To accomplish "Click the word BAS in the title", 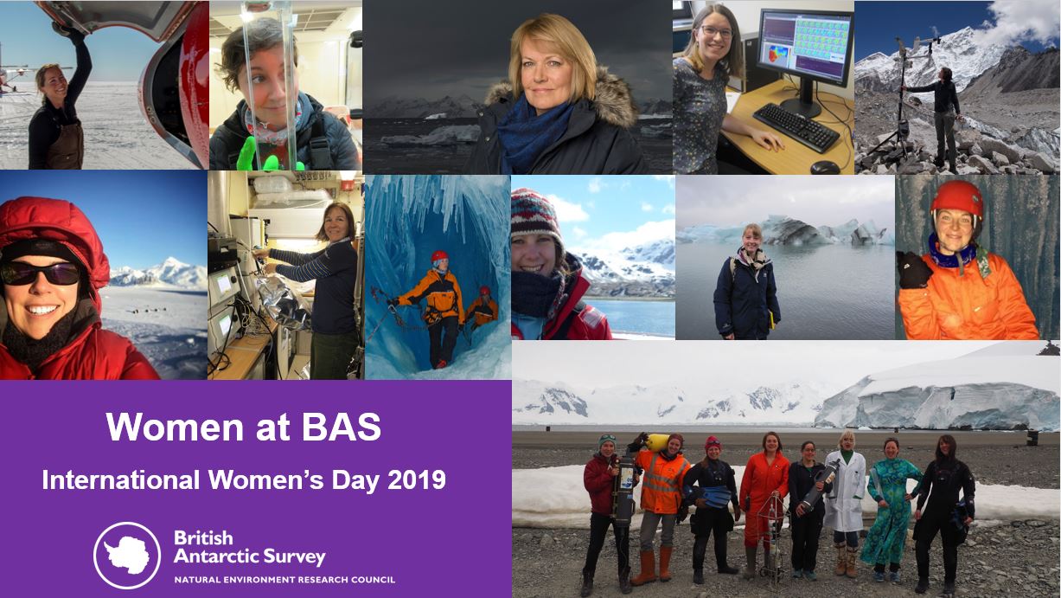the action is tap(341, 428).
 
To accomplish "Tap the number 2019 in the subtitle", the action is tap(416, 480).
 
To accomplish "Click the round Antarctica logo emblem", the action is tap(127, 556).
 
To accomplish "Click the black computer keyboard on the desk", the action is tap(796, 126).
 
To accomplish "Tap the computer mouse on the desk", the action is tap(825, 166).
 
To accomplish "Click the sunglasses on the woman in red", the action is tap(41, 273).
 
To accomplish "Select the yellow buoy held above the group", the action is tap(657, 442).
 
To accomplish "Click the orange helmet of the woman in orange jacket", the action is tap(956, 199).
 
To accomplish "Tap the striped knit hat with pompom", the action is tap(535, 215).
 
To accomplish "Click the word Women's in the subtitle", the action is tap(266, 480).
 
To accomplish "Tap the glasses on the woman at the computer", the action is tap(717, 32).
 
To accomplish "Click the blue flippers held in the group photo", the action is tap(709, 496).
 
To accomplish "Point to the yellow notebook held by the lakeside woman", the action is tap(772, 320).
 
